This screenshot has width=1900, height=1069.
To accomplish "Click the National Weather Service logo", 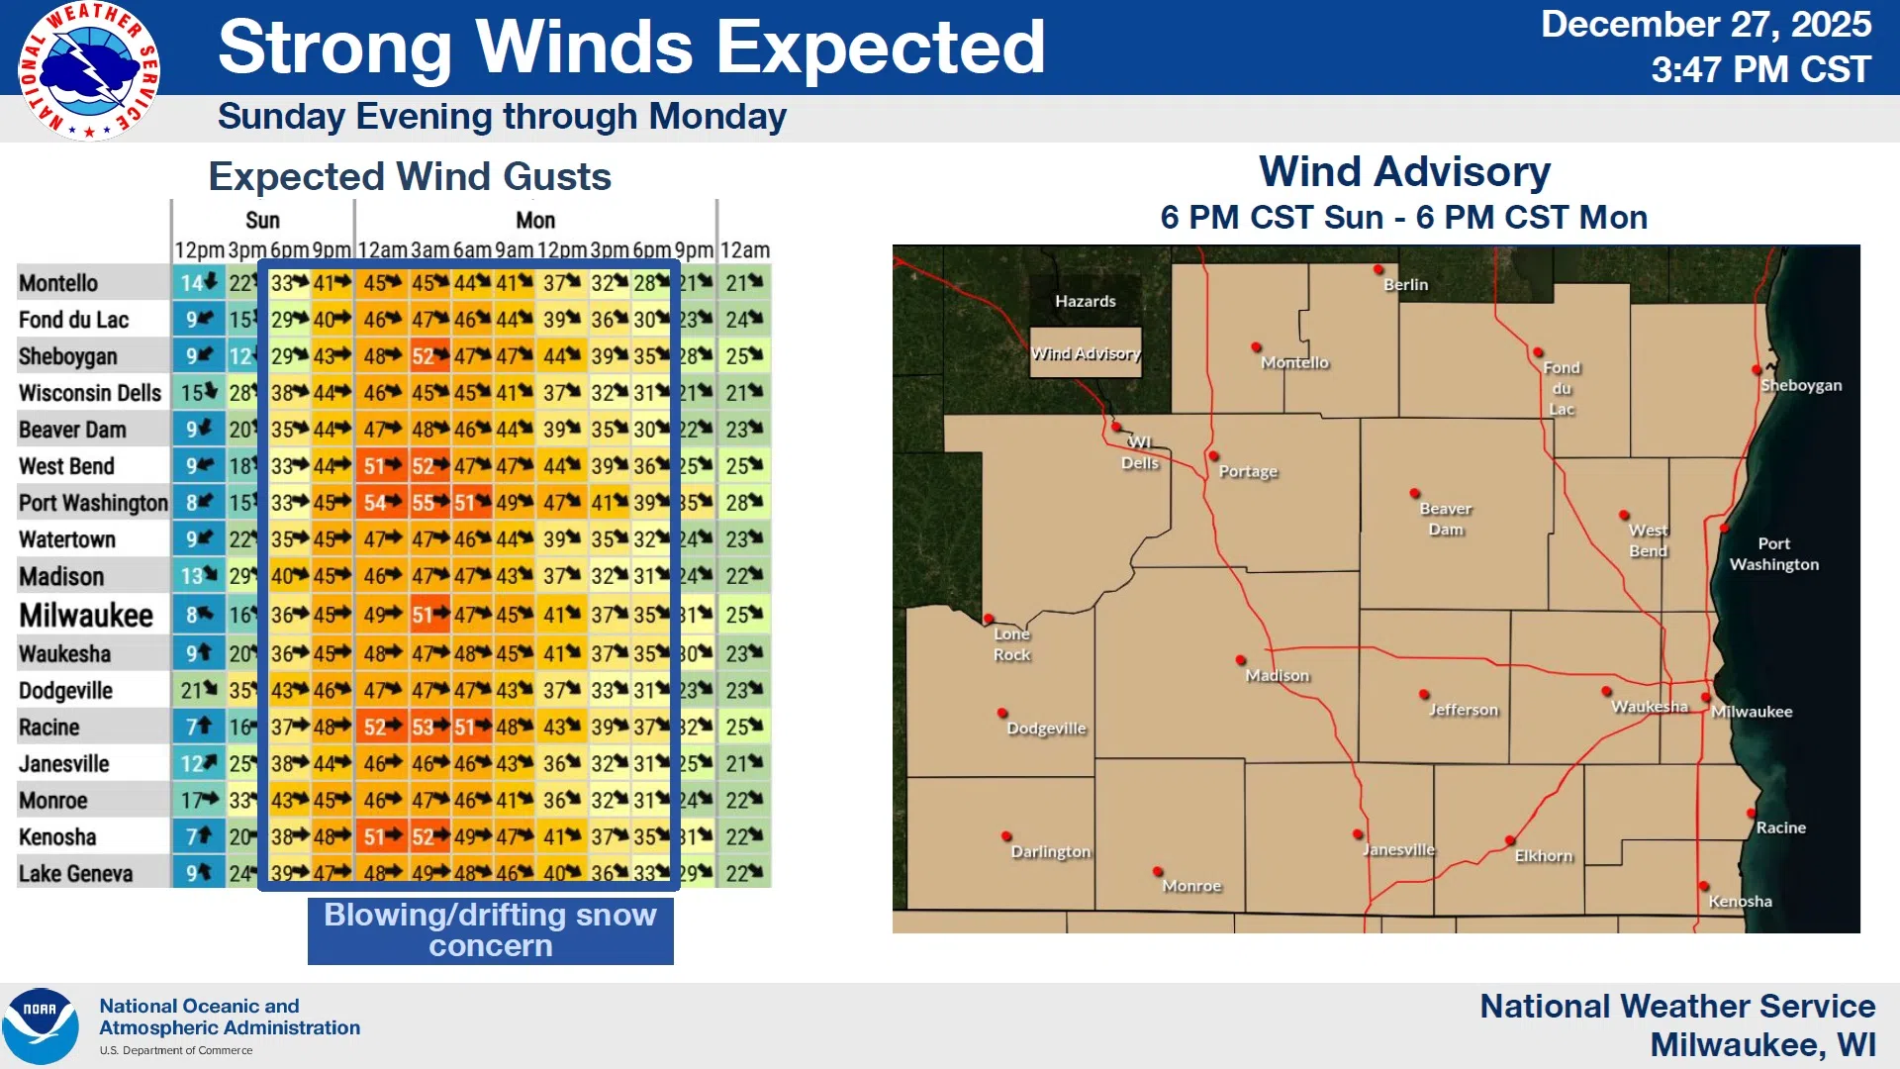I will [89, 71].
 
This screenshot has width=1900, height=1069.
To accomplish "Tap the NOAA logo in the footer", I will [40, 1025].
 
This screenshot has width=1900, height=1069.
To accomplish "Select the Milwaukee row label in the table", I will [86, 616].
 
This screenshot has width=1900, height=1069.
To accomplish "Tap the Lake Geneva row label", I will [75, 874].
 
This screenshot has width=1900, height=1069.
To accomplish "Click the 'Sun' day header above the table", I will [262, 220].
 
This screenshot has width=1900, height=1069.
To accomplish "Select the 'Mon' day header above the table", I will [535, 220].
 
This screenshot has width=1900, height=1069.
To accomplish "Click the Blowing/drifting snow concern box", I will [491, 930].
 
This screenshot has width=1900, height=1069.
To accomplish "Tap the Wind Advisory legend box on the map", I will [1086, 353].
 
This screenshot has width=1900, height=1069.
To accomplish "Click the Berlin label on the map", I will [1405, 285].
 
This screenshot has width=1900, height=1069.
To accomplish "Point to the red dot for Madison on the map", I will [1241, 660].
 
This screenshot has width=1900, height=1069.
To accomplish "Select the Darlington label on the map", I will [1050, 852].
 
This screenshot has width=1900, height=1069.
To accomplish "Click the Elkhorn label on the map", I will [1543, 856].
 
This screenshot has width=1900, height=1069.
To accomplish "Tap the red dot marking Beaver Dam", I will [1415, 493].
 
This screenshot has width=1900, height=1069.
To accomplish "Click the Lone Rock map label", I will [1011, 644].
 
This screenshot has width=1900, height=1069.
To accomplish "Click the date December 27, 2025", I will [1705, 25].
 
